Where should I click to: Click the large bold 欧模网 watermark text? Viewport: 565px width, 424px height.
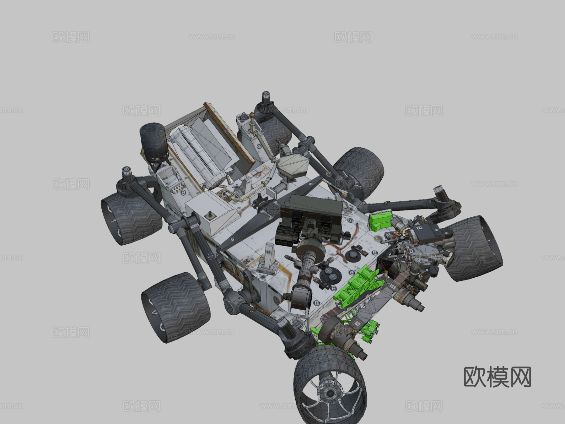click(x=497, y=377)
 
